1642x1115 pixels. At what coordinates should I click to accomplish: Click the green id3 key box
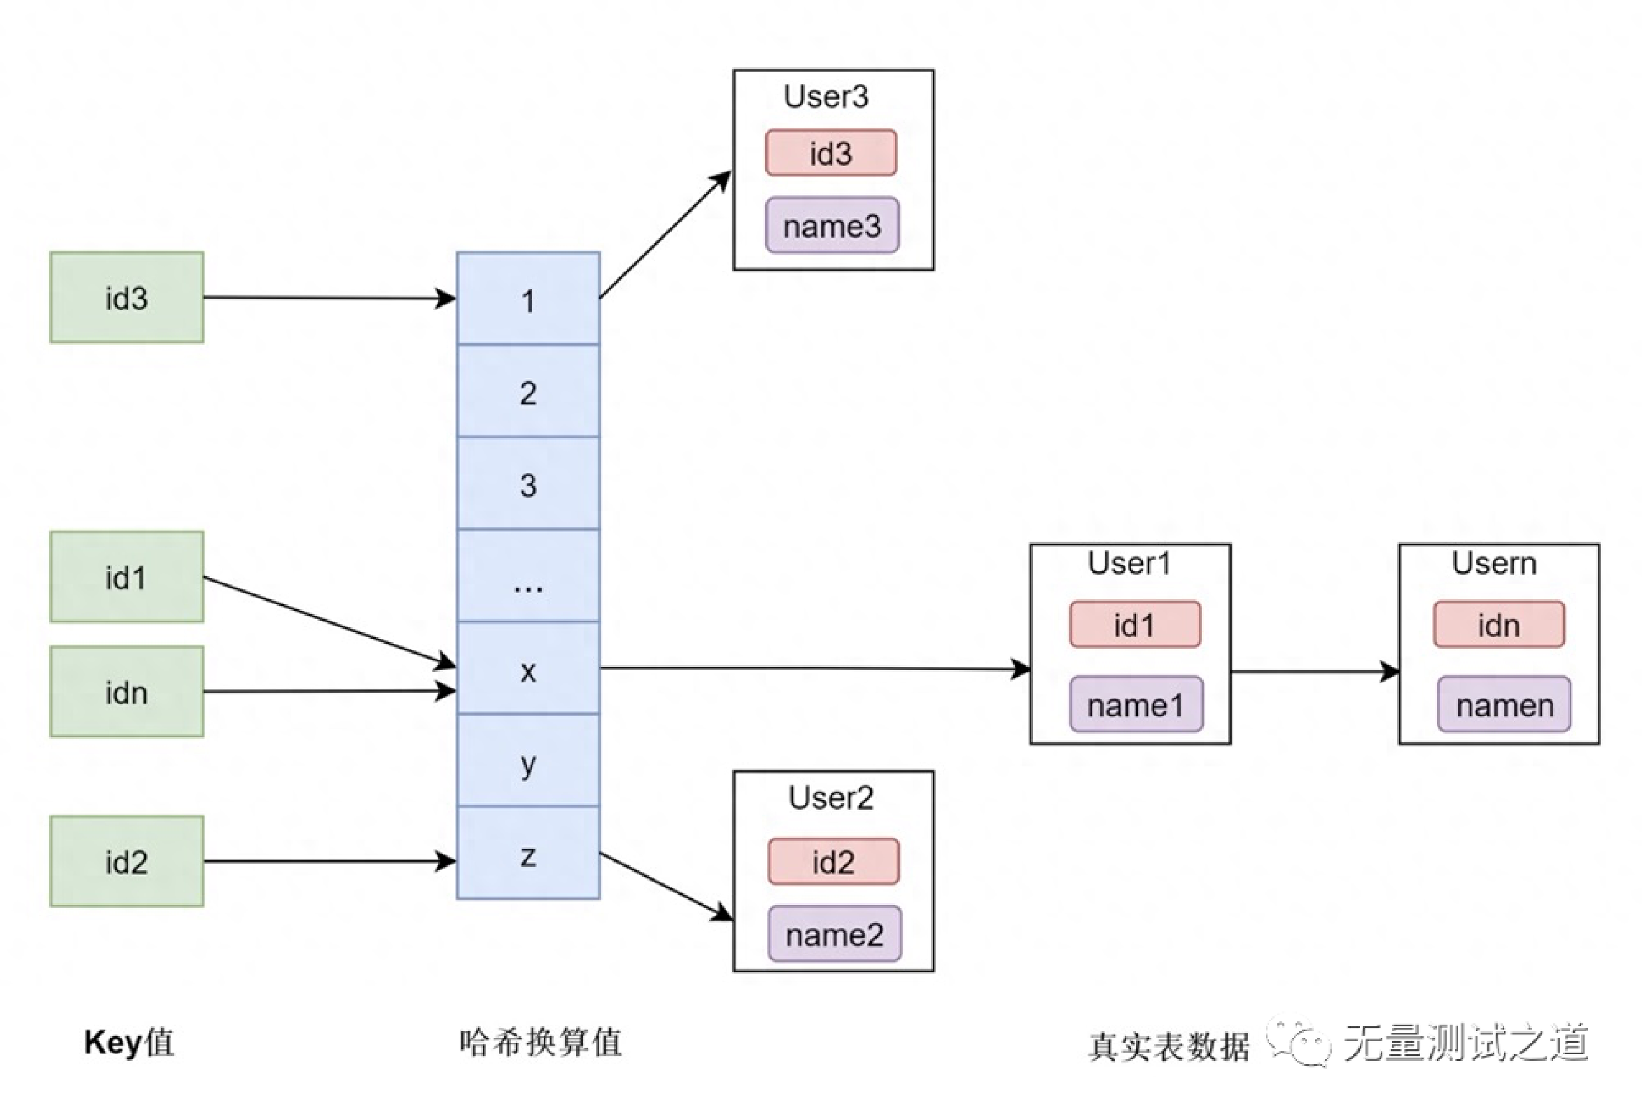[x=127, y=297]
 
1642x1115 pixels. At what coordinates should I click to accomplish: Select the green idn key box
[x=127, y=692]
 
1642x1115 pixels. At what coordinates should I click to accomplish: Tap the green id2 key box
[x=127, y=862]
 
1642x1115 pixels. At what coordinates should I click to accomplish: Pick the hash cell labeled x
[x=528, y=668]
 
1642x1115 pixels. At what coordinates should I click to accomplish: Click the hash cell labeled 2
[x=528, y=391]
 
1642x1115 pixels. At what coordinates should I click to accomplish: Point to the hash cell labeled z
[x=528, y=853]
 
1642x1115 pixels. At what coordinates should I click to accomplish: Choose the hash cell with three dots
[x=528, y=576]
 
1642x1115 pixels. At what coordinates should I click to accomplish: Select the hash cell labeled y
[x=528, y=761]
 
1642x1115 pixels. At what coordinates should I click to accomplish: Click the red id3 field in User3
[x=831, y=153]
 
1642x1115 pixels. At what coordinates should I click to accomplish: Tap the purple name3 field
[x=831, y=225]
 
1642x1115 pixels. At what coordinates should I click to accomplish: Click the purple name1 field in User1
[x=1135, y=704]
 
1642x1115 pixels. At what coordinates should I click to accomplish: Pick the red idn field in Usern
[x=1499, y=624]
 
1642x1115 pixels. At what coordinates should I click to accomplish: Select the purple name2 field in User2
[x=834, y=934]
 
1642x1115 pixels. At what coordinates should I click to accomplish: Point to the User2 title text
[x=831, y=797]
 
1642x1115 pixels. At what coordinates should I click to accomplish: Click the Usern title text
[x=1494, y=563]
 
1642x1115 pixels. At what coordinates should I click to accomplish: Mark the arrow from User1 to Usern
[x=1314, y=671]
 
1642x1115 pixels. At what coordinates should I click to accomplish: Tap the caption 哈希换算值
[x=540, y=1042]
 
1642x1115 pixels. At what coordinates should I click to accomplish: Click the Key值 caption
[x=129, y=1042]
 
